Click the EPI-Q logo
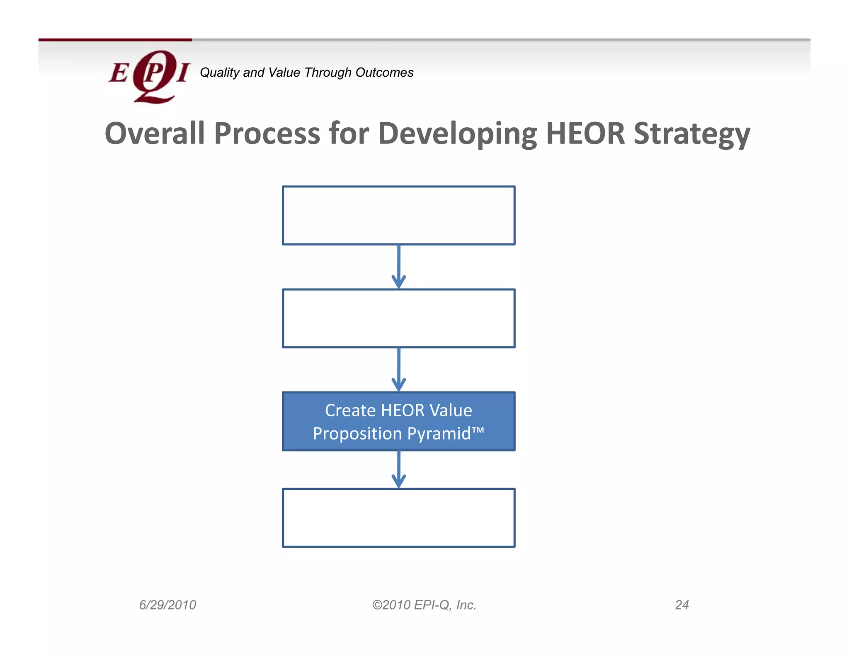[149, 76]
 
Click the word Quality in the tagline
[219, 73]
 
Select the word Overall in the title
[155, 134]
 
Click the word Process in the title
[267, 134]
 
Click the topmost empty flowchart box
[398, 215]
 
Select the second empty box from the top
[398, 318]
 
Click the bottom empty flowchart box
[398, 518]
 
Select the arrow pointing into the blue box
[398, 369]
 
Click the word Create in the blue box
[350, 411]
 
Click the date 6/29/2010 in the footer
[167, 605]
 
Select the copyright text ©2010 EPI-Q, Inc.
[424, 605]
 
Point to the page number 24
[682, 605]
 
